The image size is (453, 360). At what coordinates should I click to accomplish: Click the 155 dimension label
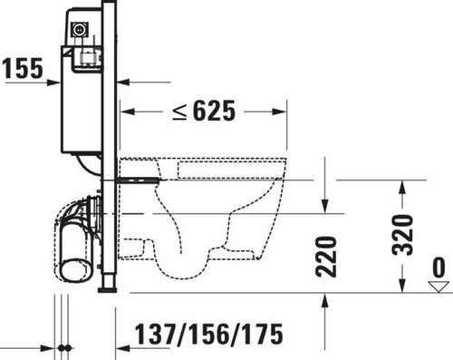[23, 68]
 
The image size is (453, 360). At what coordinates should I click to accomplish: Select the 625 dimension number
[214, 111]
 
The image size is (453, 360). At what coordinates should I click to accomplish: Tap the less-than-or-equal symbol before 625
[180, 112]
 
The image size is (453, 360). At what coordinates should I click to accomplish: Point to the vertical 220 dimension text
[326, 257]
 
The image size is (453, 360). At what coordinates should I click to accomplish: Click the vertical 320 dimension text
[402, 235]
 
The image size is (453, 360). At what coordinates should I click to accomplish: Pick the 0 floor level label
[439, 268]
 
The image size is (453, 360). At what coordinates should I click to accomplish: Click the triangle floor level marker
[439, 287]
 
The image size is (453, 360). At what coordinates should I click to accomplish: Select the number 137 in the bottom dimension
[156, 334]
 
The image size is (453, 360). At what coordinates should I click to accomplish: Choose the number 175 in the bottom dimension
[263, 334]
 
